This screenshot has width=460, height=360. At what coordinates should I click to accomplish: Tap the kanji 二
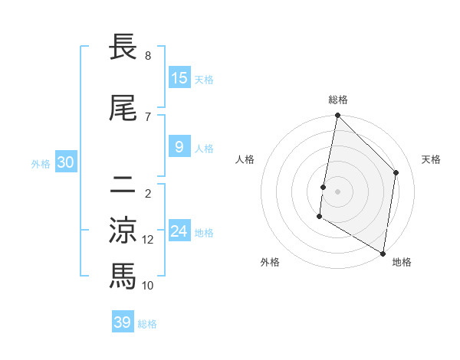(123, 184)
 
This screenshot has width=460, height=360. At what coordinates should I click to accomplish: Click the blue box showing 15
(179, 78)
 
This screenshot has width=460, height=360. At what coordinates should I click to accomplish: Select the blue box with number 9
(179, 147)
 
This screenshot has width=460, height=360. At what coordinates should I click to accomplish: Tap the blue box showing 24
(179, 231)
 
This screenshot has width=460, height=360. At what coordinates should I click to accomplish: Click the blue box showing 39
(123, 322)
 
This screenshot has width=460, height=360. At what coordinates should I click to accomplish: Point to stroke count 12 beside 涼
(148, 240)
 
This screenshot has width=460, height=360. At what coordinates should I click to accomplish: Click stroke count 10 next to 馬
(148, 286)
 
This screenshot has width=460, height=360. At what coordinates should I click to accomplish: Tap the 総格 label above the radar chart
(338, 100)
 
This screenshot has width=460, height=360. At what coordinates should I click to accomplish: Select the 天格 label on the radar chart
(431, 159)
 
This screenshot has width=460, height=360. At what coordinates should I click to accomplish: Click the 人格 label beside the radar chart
(245, 159)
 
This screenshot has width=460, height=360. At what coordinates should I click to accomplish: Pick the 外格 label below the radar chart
(270, 262)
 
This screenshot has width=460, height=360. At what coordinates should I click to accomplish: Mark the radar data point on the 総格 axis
(338, 116)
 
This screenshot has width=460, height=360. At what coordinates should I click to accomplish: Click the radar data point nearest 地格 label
(383, 253)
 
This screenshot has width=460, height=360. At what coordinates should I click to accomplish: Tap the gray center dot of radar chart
(338, 191)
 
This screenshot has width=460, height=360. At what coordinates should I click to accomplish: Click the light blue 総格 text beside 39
(147, 324)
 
